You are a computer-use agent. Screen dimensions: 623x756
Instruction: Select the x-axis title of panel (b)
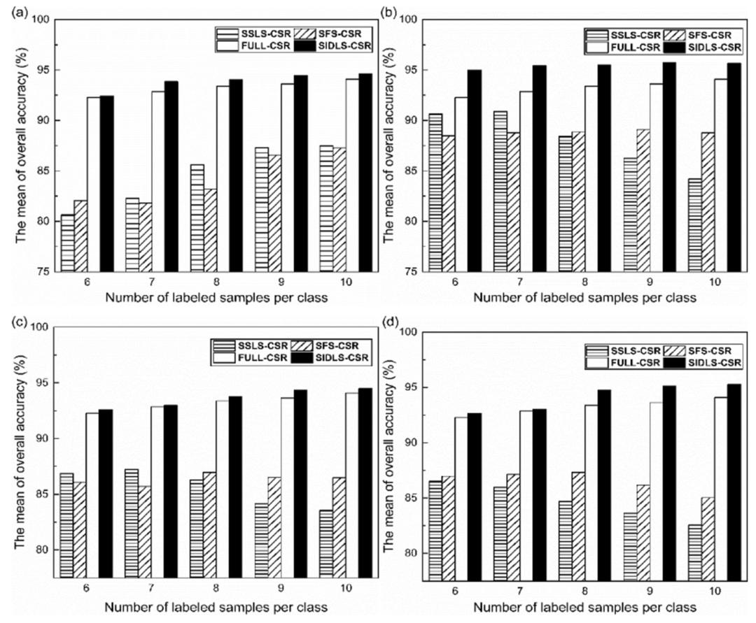tap(584, 297)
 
